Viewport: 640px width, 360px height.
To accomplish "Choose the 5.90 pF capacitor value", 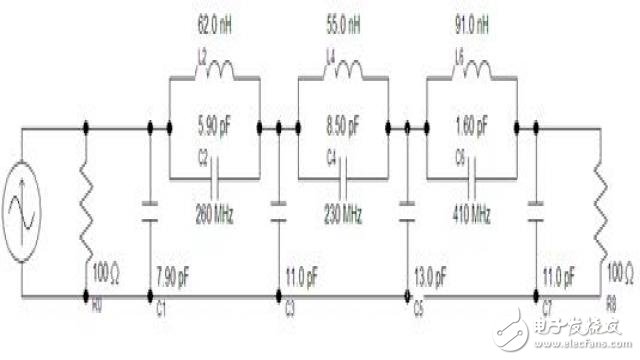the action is pos(216,129).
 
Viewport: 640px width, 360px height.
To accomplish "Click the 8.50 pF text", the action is pos(343,129).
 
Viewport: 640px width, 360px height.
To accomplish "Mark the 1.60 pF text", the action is pos(471,129).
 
